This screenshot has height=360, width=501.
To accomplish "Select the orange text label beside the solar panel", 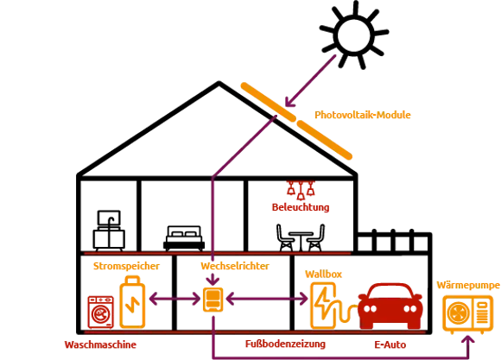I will point(350,114).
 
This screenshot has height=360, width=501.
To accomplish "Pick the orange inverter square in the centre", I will point(212,300).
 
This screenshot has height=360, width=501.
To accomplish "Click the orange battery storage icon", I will point(132,303).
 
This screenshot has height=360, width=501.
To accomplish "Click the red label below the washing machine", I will point(101,343).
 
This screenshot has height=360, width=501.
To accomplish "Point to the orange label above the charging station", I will point(323,274).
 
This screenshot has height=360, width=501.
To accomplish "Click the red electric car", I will point(390,305).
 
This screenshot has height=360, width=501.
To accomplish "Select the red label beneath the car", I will point(387,343).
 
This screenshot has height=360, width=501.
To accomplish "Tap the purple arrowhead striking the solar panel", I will point(292,100).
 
